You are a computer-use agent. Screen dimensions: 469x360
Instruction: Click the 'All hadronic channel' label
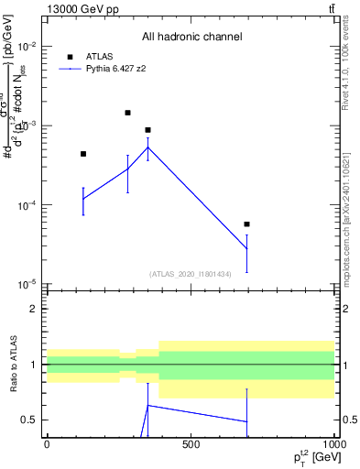(x=191, y=37)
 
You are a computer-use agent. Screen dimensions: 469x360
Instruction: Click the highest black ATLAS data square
(x=127, y=113)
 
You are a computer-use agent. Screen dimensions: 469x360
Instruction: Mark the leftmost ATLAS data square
(x=83, y=154)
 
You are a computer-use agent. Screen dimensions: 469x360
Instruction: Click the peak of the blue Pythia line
(x=147, y=147)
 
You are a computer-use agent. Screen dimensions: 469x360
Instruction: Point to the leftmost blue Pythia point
(x=83, y=199)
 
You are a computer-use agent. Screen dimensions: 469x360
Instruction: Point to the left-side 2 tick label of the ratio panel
(x=33, y=309)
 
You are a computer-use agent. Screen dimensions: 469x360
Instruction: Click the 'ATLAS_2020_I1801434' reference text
(x=191, y=274)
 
